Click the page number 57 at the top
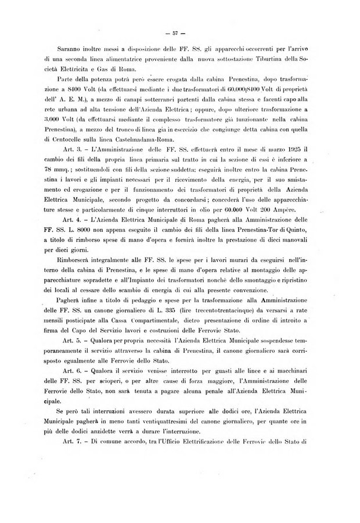181,31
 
